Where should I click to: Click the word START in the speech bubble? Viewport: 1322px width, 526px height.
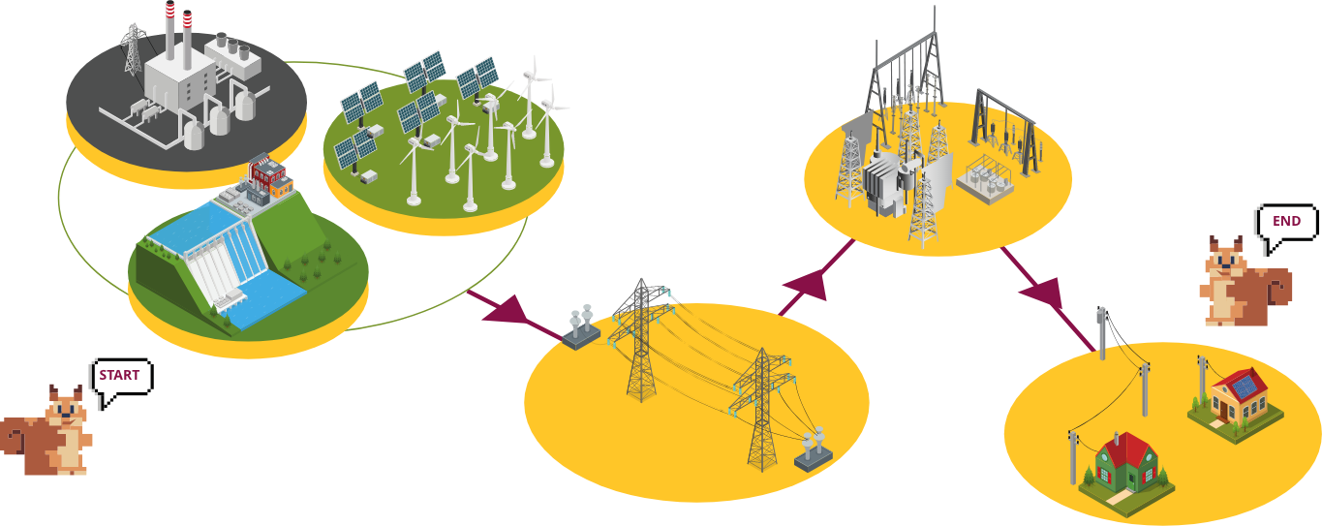[x=119, y=375]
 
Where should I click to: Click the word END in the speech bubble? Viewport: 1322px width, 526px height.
[x=1286, y=222]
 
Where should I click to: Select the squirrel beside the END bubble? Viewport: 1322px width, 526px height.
[x=1239, y=282]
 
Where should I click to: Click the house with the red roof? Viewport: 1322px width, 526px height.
[x=1125, y=466]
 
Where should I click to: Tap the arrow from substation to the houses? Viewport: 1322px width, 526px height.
[x=1045, y=292]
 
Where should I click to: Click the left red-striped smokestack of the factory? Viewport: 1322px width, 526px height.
[x=170, y=29]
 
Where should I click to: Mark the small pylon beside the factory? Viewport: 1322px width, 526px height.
[x=132, y=48]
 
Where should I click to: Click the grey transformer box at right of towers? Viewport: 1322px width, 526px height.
[x=813, y=450]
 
